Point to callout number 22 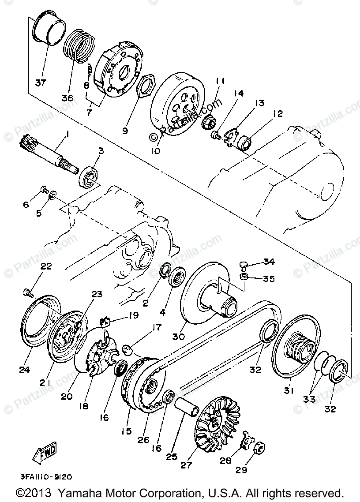tap(46, 266)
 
